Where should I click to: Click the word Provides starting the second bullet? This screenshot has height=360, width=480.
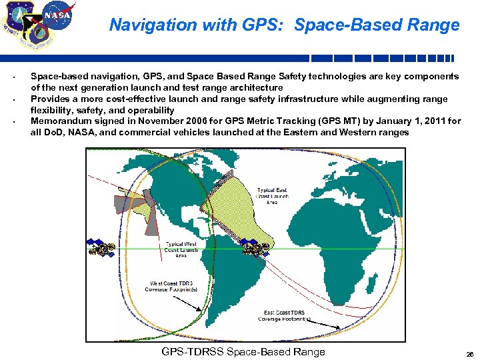click(51, 99)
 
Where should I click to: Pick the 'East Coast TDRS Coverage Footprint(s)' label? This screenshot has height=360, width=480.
click(285, 315)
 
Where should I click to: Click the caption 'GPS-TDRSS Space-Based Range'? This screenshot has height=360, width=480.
click(243, 352)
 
